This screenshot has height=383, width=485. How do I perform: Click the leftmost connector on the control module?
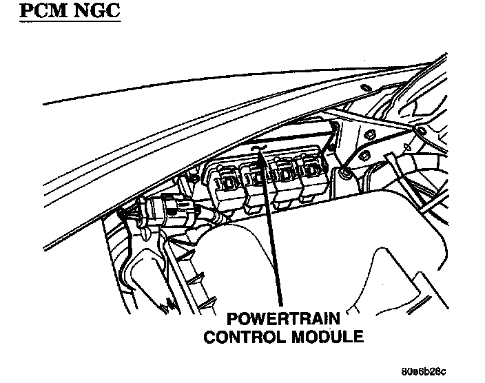tap(227, 181)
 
